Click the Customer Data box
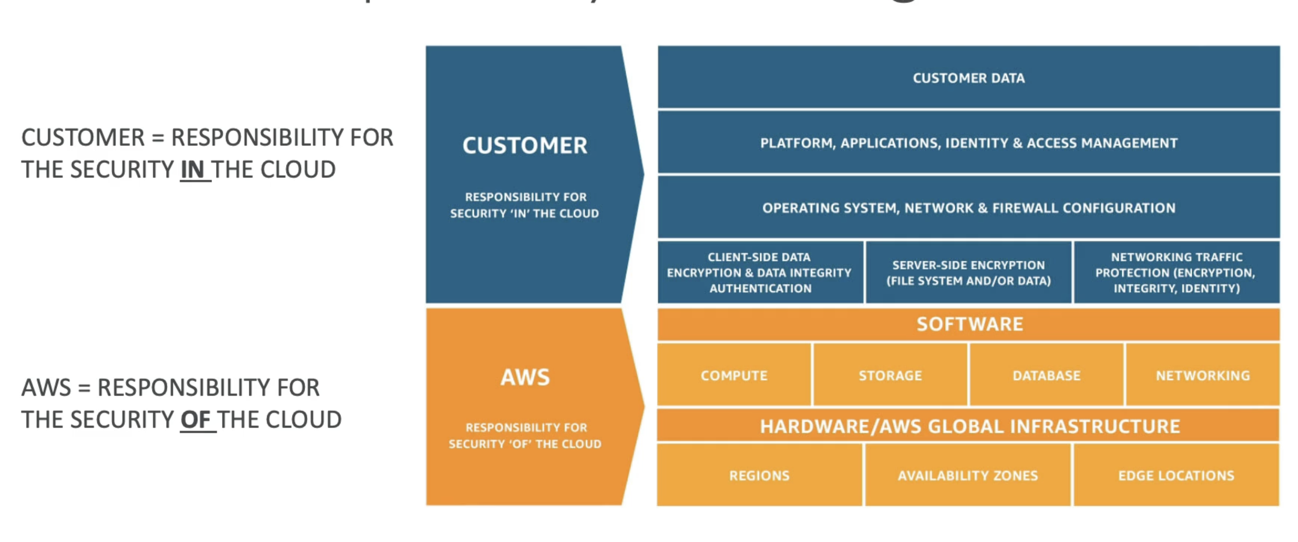click(968, 77)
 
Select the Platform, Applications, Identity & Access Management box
click(968, 143)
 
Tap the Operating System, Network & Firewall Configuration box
click(968, 207)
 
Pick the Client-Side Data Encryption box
click(759, 272)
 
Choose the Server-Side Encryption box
click(968, 272)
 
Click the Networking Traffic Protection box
click(1176, 272)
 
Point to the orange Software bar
click(968, 324)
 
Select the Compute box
click(733, 375)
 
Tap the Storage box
click(890, 375)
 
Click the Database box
click(1046, 375)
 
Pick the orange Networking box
click(1202, 375)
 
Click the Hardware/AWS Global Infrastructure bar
click(968, 426)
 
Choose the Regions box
click(759, 475)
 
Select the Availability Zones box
click(967, 475)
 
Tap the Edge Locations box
click(1176, 475)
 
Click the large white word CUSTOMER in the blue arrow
click(524, 145)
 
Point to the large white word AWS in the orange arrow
click(524, 377)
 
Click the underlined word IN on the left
click(193, 170)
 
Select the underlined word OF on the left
click(196, 419)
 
